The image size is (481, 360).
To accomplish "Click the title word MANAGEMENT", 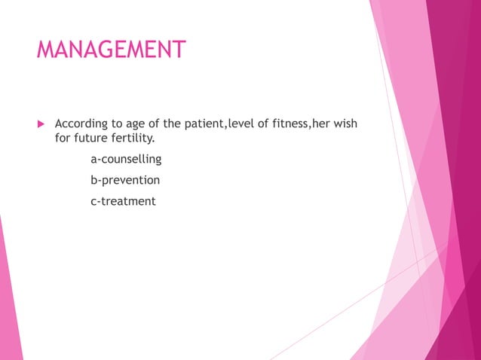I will coord(111,50).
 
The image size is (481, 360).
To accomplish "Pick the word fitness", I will coord(286,124).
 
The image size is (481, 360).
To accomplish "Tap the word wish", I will coord(344,124).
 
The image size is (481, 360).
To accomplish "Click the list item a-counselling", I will coord(126,160).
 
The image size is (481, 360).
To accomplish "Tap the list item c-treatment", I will coord(123,201).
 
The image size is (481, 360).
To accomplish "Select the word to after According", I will coord(115,124).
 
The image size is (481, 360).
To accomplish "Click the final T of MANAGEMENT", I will coord(179,50).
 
